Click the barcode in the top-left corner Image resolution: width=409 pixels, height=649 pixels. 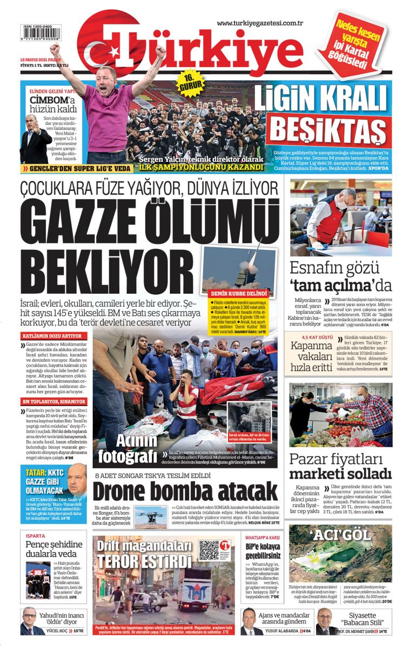(x=41, y=35)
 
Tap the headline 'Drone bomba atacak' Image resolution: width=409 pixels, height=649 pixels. (x=185, y=491)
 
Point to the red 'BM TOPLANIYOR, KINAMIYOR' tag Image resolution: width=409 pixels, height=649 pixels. (x=53, y=402)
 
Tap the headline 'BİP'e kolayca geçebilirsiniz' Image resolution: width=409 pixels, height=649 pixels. (x=263, y=550)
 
